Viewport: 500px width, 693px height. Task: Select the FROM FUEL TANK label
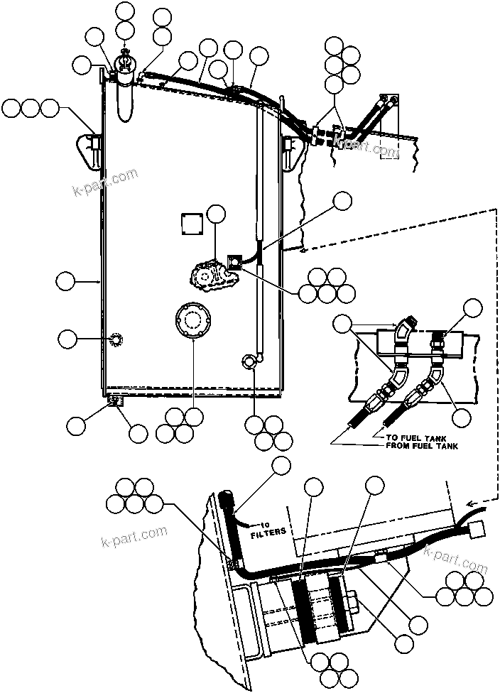421,447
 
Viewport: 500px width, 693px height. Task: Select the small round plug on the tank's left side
116,340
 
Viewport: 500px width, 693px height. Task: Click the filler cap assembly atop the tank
126,71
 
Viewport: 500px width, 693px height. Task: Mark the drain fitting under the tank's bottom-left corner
114,401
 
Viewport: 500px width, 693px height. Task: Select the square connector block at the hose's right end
475,528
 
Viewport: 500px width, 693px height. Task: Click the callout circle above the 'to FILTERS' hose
282,466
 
